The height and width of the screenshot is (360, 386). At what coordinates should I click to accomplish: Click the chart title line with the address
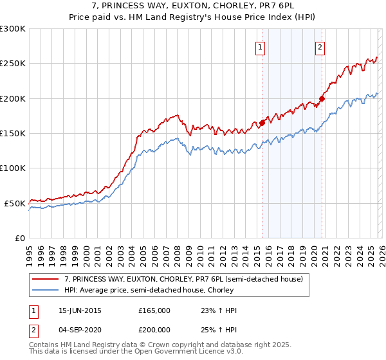[193, 6]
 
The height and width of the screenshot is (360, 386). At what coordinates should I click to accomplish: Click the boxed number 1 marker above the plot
[261, 46]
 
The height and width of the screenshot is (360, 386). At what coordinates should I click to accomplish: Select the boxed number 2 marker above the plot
[320, 46]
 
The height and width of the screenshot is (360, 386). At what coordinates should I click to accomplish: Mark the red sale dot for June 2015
[262, 123]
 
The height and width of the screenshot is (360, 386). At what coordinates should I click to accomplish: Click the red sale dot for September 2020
[322, 98]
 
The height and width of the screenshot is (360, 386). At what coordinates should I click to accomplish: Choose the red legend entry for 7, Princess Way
[187, 280]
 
